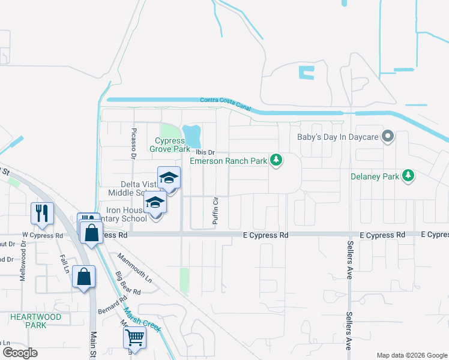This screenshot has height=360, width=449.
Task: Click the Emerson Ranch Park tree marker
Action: coord(276,160)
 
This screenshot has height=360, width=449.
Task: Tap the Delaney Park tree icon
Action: coord(409,176)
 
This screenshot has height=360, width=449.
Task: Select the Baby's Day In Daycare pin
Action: coord(388,136)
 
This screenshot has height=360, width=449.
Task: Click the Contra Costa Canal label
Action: coord(225,104)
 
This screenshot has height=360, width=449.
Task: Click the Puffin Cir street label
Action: coord(215,210)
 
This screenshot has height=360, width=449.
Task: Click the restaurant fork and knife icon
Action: coord(42,212)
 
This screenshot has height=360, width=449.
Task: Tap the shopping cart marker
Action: coord(134,337)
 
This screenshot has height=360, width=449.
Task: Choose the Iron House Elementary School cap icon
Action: coord(155,203)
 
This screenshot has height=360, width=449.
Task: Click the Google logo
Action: coord(20,353)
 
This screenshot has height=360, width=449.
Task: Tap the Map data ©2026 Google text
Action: coord(411,355)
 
